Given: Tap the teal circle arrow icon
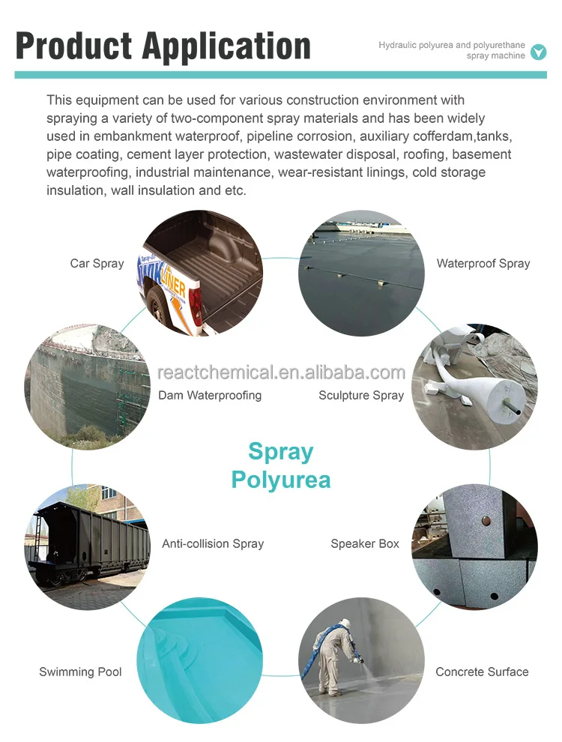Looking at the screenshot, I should tap(538, 52).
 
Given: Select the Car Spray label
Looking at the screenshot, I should tap(97, 263).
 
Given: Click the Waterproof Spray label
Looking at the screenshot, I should tap(483, 263).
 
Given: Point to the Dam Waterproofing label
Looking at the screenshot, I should tap(210, 395).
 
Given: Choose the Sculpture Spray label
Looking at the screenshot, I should tap(361, 395).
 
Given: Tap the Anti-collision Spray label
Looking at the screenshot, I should tap(213, 543).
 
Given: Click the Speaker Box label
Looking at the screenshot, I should tap(365, 543).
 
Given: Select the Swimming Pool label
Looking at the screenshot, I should tap(80, 672).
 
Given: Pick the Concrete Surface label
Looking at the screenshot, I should tap(482, 672).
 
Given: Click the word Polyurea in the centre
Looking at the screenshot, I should tap(281, 479).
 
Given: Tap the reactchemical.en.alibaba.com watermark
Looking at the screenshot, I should tap(281, 372).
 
